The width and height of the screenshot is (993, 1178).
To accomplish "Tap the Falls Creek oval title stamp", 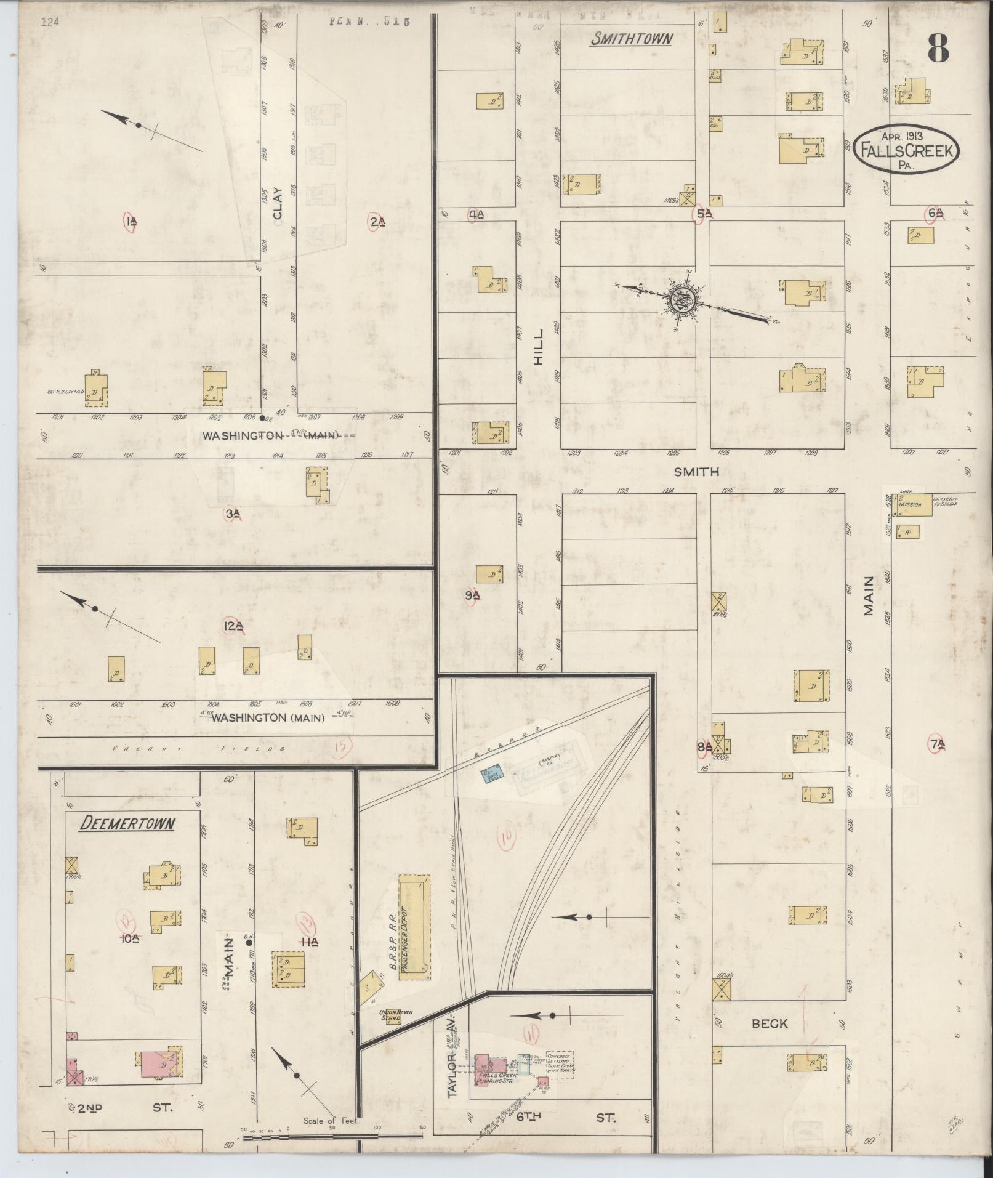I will coord(906,149).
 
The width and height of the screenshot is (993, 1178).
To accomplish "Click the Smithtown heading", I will coord(631,39).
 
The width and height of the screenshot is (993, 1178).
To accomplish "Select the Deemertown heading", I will coord(127,824).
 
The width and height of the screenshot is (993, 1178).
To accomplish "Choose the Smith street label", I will coord(696,472).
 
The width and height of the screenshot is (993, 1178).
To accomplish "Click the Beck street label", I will coord(770,1023).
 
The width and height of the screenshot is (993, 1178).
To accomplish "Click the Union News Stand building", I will coord(390,1015).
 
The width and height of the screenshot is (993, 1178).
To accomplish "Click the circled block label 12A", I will coord(233,627).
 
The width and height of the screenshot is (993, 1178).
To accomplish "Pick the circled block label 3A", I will coord(232,514).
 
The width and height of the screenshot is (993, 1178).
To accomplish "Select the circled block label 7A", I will coord(937,744).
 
